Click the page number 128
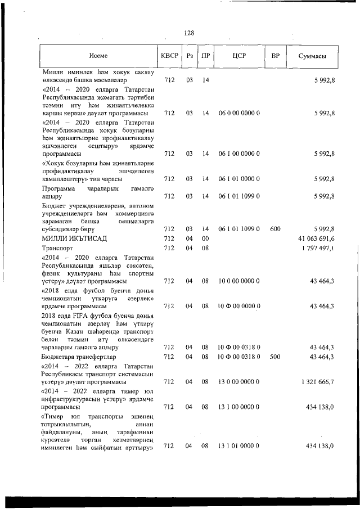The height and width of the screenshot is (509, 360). click(189, 33)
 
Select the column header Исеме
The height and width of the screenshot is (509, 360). click(98, 56)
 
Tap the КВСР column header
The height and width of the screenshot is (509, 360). click(169, 56)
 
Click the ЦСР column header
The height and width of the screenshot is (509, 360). click(238, 56)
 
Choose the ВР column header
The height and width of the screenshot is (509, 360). click(276, 56)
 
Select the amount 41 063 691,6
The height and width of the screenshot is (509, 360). click(317, 238)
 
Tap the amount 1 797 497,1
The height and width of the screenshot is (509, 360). click(318, 248)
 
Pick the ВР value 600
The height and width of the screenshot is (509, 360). click(276, 229)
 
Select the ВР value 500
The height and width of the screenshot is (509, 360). click(276, 357)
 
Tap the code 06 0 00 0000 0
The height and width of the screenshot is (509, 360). click(238, 113)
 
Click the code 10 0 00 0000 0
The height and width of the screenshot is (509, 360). click(238, 281)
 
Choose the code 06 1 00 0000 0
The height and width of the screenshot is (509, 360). click(238, 154)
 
